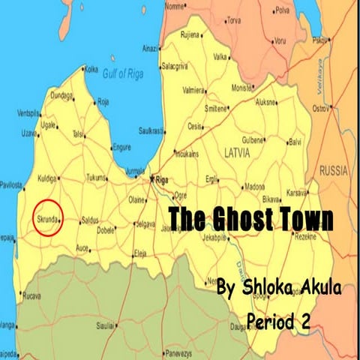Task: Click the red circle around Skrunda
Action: pyautogui.click(x=47, y=217)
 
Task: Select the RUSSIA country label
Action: pyautogui.click(x=333, y=171)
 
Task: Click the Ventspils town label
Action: pyautogui.click(x=29, y=113)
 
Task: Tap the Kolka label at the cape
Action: pyautogui.click(x=91, y=69)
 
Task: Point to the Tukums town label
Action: pyautogui.click(x=97, y=178)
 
